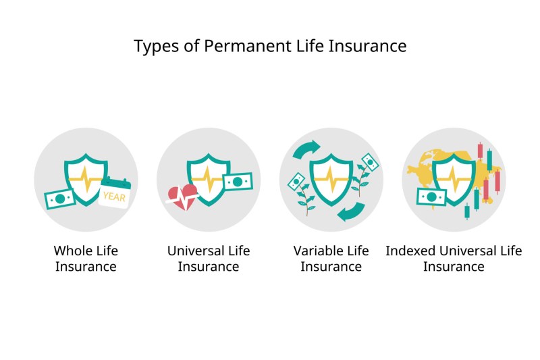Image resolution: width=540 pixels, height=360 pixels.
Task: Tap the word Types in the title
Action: click(x=156, y=47)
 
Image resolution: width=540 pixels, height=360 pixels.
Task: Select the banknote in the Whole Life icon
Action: click(x=60, y=199)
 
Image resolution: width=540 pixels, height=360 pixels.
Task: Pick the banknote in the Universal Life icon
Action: click(x=238, y=182)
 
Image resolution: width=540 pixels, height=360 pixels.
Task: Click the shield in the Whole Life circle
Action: click(x=86, y=179)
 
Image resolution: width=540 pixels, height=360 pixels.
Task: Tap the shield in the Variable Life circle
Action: click(x=331, y=179)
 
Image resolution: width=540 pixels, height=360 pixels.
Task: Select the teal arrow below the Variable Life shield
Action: click(x=351, y=211)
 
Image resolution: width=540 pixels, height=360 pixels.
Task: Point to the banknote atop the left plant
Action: click(x=296, y=181)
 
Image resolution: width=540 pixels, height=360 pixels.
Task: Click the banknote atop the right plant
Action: click(x=370, y=162)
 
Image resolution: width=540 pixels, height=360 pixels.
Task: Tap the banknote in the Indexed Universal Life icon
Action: click(x=431, y=197)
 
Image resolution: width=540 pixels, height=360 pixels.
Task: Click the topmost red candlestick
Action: click(x=480, y=151)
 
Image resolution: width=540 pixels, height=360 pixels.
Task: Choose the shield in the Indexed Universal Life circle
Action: click(x=454, y=179)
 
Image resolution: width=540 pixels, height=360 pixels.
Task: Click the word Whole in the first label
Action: click(x=72, y=251)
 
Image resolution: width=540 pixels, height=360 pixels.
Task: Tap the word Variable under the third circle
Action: click(x=315, y=251)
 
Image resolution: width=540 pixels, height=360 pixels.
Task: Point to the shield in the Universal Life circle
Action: click(x=209, y=179)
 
